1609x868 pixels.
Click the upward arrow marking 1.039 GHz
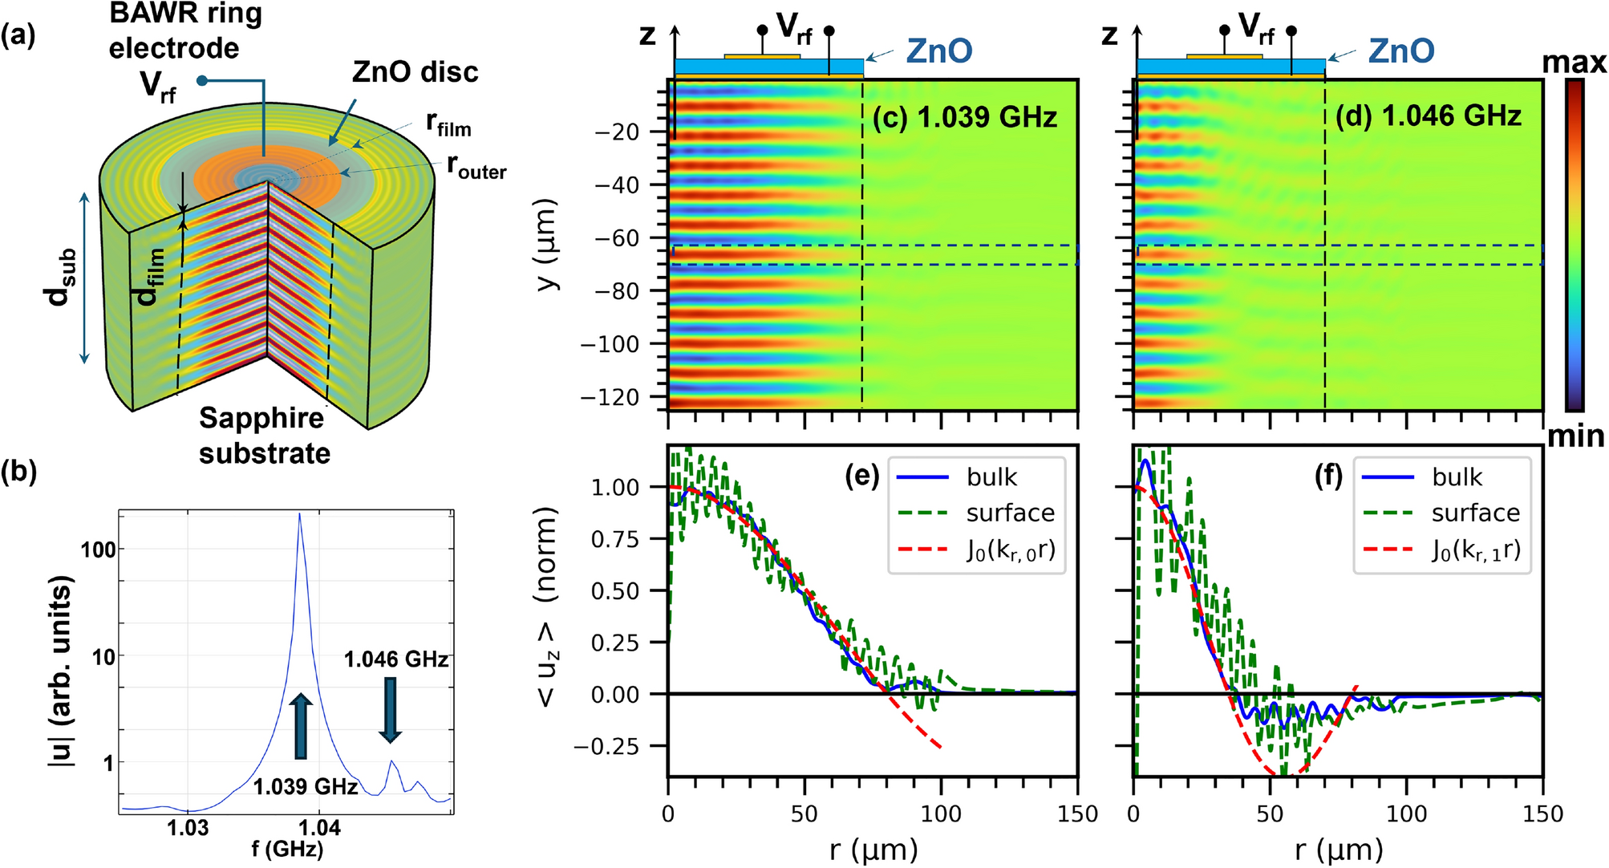coord(301,726)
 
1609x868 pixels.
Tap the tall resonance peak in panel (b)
coord(300,517)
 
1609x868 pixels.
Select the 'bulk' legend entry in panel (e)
coord(991,477)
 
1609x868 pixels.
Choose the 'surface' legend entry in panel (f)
coord(1475,513)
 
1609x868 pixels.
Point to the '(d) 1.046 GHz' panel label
coord(1428,117)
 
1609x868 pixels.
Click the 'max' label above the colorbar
coord(1575,63)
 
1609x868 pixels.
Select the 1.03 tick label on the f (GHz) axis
coord(188,828)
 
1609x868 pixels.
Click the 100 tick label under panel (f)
coord(1406,814)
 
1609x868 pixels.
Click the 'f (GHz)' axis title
coord(287,849)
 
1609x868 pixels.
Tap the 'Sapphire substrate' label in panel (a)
coord(264,436)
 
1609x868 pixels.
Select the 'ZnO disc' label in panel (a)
coord(415,72)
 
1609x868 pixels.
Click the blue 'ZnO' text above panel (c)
coord(938,51)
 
